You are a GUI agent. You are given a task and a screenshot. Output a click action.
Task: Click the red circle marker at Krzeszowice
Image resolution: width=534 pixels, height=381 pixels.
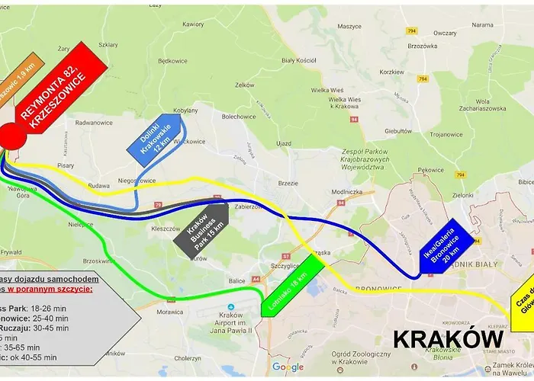point(12,137)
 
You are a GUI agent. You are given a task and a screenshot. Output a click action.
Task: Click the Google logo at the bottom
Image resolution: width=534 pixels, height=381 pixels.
point(287,367)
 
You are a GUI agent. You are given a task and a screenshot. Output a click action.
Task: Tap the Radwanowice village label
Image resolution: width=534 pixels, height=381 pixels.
point(94,122)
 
